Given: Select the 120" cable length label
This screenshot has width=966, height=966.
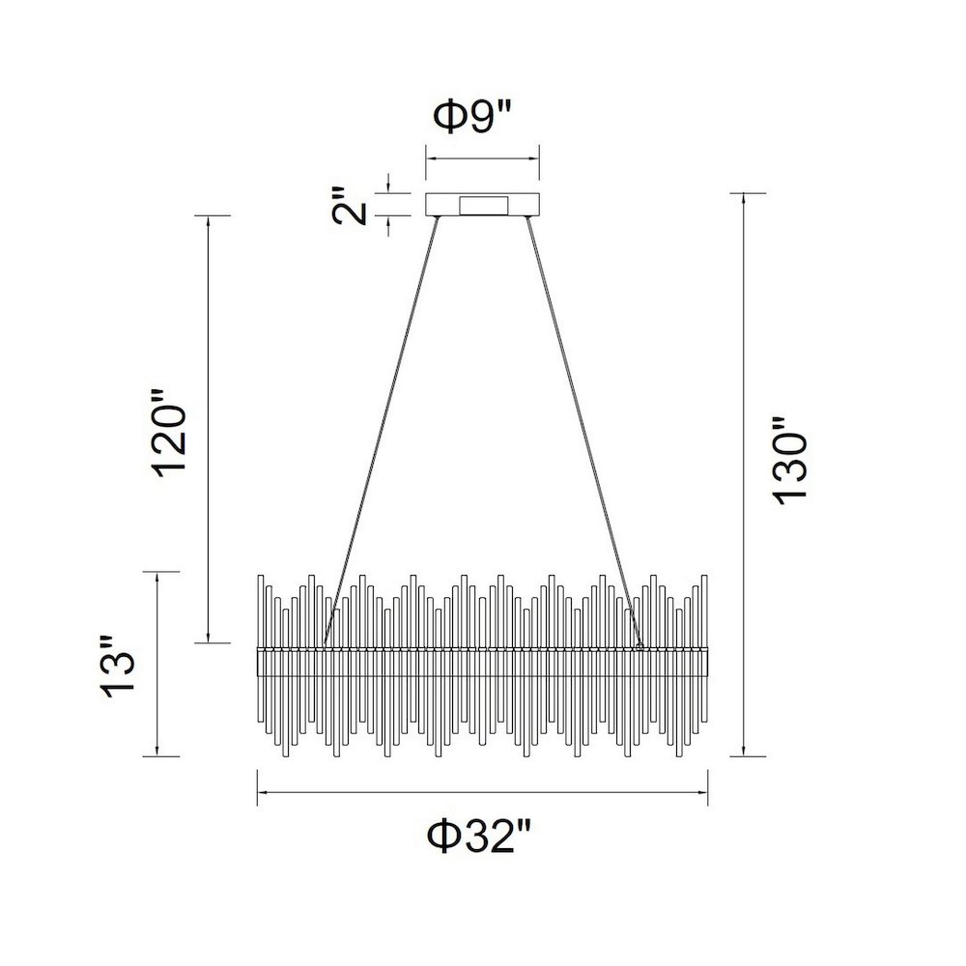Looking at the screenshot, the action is tap(169, 433).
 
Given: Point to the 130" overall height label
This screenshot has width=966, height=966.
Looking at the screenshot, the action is tap(789, 462).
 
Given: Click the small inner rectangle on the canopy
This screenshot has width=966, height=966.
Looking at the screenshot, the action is tap(484, 206).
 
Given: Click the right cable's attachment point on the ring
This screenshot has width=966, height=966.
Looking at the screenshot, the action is tap(639, 646).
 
